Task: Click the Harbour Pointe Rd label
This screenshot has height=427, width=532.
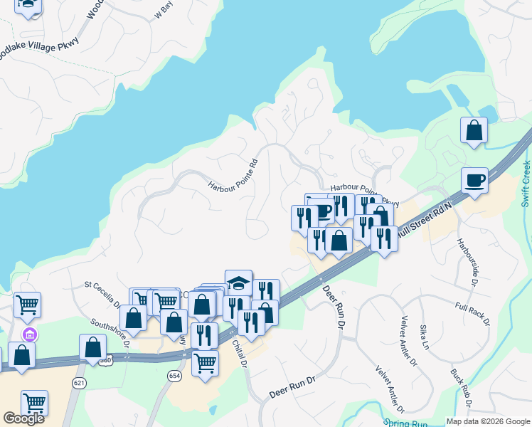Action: [232, 176]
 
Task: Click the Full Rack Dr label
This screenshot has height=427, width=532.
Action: [472, 314]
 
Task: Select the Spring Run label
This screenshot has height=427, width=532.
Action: [406, 423]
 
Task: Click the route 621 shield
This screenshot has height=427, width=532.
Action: [79, 382]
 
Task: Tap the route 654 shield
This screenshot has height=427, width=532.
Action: [175, 375]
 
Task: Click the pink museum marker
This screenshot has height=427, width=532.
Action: [29, 334]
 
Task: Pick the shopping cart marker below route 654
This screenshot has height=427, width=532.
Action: [205, 364]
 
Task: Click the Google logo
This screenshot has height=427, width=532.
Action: [23, 418]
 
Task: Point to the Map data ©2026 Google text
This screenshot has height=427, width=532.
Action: [486, 421]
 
